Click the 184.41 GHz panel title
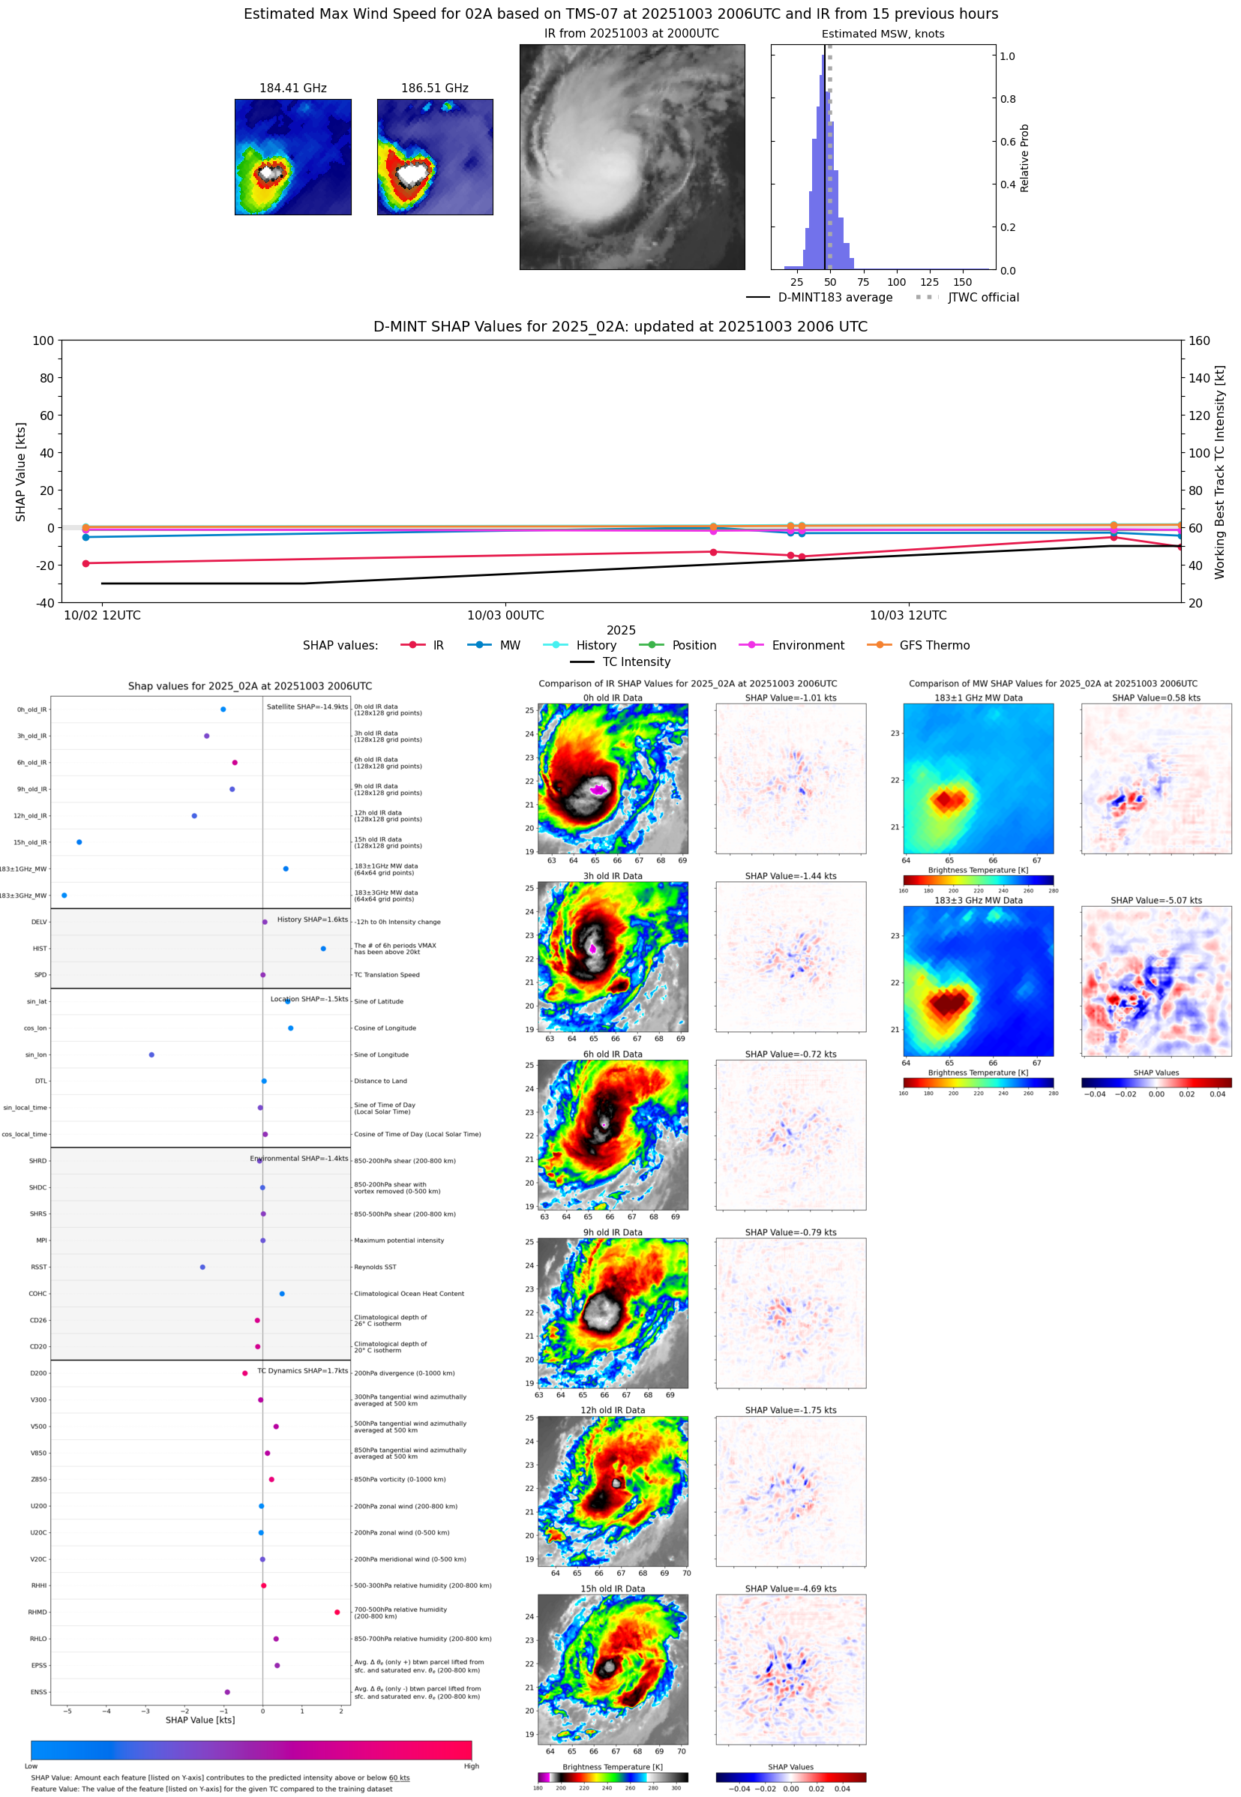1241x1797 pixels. [x=292, y=88]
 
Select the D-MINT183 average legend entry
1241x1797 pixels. [x=835, y=298]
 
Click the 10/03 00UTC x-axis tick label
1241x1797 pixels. [x=505, y=615]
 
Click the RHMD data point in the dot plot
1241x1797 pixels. [x=337, y=1612]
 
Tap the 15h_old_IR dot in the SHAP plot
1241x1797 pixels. [x=79, y=842]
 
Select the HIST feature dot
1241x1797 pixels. [x=323, y=949]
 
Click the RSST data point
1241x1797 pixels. [x=203, y=1267]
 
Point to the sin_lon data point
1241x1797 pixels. [x=151, y=1054]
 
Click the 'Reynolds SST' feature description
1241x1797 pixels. [x=375, y=1267]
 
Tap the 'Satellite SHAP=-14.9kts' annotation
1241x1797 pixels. [x=307, y=706]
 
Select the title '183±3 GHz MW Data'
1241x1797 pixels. [x=979, y=901]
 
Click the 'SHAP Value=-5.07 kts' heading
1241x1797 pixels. [x=1156, y=901]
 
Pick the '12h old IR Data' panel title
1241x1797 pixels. [x=613, y=1410]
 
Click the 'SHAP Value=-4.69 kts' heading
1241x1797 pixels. [x=790, y=1588]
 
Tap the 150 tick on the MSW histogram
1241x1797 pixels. [x=963, y=282]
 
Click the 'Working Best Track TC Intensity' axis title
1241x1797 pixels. [x=1219, y=472]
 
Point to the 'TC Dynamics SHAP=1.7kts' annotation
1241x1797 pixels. [x=302, y=1371]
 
